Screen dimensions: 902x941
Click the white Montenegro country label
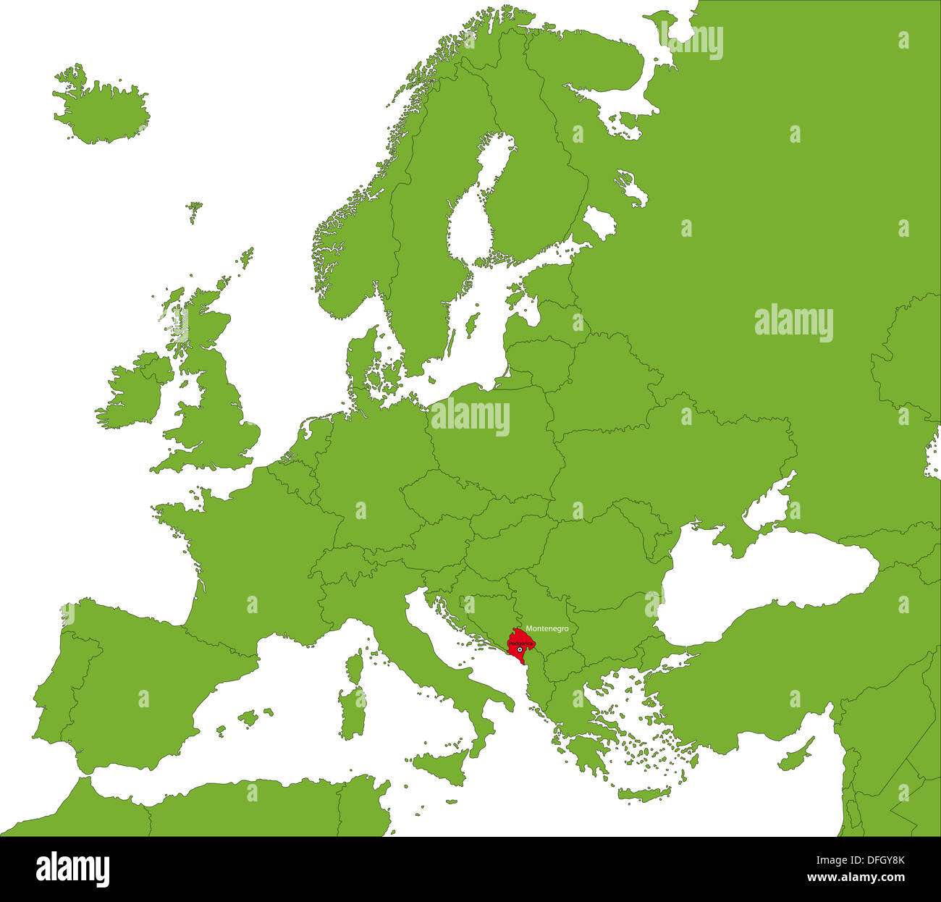pos(547,628)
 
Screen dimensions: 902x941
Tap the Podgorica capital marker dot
pos(520,650)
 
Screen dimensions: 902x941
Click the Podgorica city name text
pos(521,643)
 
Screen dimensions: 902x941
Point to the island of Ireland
pos(130,395)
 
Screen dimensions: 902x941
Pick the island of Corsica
pos(355,665)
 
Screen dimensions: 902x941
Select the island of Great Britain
pos(217,413)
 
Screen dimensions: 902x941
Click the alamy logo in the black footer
pos(72,869)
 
